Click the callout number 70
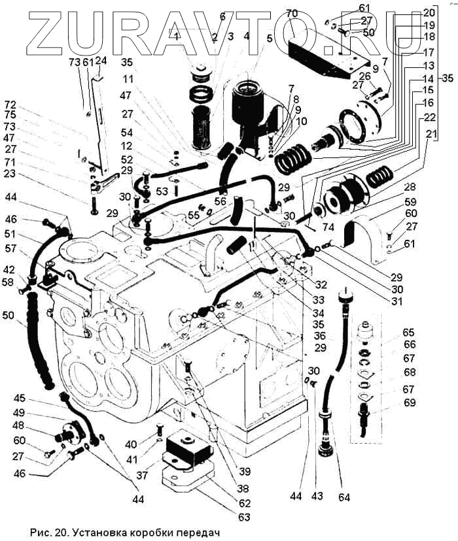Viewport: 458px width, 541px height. pos(292,12)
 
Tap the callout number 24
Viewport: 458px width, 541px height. pos(101,61)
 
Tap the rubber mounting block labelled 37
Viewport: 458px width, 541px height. pos(187,451)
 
